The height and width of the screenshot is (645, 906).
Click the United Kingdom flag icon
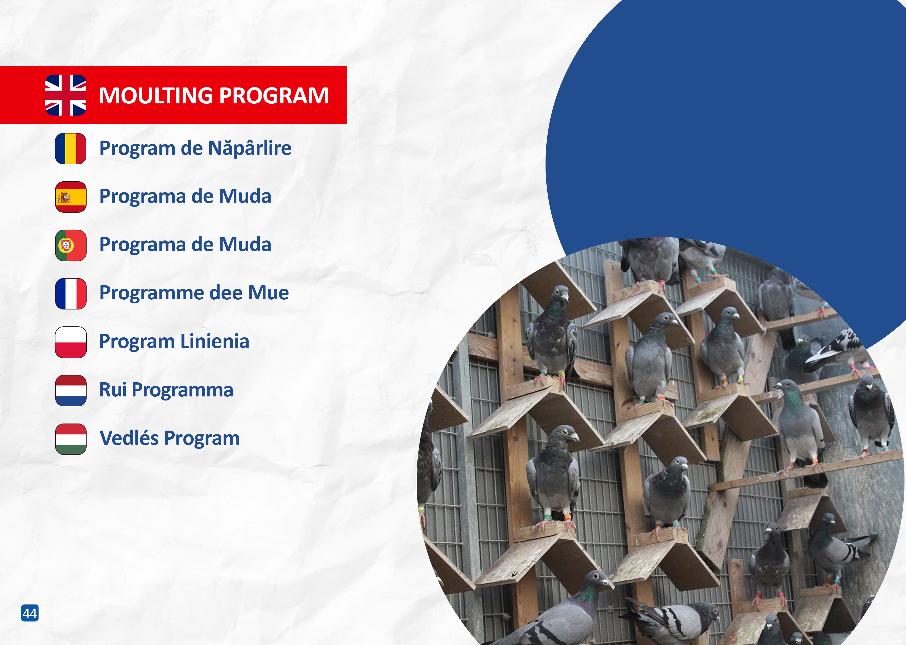[x=66, y=95]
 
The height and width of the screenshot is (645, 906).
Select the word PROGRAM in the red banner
[x=274, y=96]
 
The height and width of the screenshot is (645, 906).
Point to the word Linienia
[x=215, y=341]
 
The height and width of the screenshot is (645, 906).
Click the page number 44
[x=30, y=613]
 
